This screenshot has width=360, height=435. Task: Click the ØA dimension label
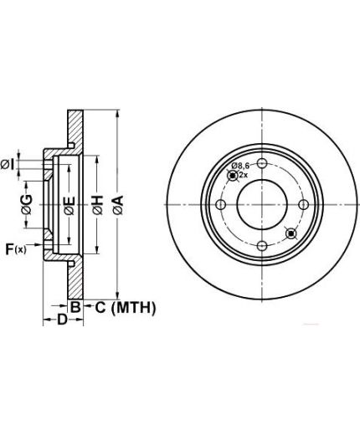pos(118,205)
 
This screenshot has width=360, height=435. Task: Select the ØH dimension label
pos(98,205)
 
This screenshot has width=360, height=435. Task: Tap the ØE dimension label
pos(69,206)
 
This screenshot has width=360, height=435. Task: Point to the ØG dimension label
pos(27,205)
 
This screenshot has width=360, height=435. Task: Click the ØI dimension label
pos(7,165)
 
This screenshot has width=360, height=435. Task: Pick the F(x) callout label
pos(16,249)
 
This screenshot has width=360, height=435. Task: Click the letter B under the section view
pos(75,307)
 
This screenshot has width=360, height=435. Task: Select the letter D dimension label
pos(63,320)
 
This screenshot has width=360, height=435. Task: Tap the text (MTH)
pos(133,308)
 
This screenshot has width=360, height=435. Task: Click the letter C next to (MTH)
pos(100,308)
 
